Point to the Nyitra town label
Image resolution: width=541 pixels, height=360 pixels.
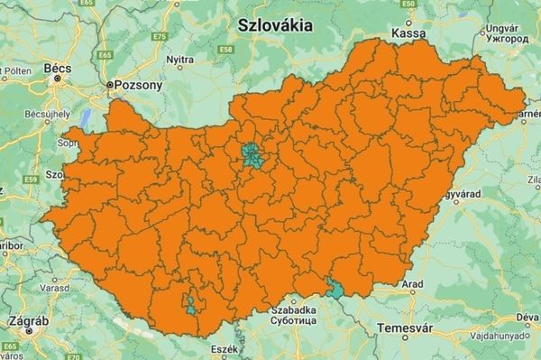pyautogui.click(x=180, y=59)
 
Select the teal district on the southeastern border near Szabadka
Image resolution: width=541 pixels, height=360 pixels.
pyautogui.click(x=336, y=289)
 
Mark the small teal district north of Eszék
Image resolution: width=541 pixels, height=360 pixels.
pyautogui.click(x=191, y=304)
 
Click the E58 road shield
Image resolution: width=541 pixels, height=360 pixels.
pyautogui.click(x=225, y=49)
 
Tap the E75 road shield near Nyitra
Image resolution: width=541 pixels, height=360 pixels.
pyautogui.click(x=160, y=36)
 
